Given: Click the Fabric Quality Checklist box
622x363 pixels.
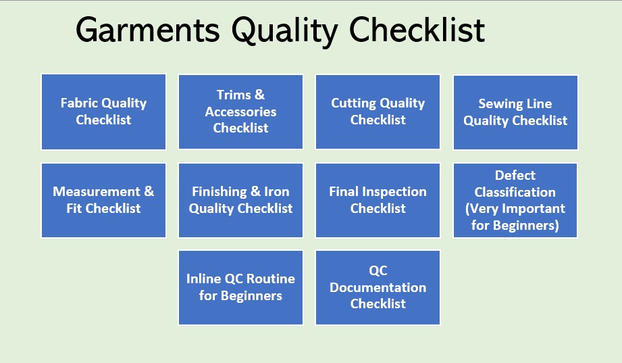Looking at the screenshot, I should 103,112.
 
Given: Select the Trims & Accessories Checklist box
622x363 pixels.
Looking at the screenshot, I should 240,112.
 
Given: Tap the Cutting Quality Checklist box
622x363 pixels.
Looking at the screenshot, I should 378,112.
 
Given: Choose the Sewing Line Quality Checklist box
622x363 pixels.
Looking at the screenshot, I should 515,112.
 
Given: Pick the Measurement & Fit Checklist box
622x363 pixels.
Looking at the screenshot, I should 103,200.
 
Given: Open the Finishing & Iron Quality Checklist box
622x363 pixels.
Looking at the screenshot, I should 240,200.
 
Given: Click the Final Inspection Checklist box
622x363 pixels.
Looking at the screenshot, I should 378,200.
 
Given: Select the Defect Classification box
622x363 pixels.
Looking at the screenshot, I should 515,200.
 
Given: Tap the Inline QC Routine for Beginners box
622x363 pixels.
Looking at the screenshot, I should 240,287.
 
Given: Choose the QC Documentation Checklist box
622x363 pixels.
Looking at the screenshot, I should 378,287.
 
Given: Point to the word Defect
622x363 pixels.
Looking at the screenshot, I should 515,175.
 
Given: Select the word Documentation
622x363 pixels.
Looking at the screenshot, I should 378,287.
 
